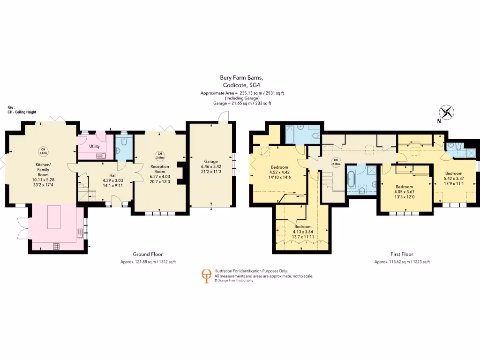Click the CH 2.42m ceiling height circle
pos(43,151)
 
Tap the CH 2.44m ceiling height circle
pos(159,155)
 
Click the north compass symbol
pos(447,112)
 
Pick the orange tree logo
pos(206,276)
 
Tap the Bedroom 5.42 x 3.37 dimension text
pos(453,178)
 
